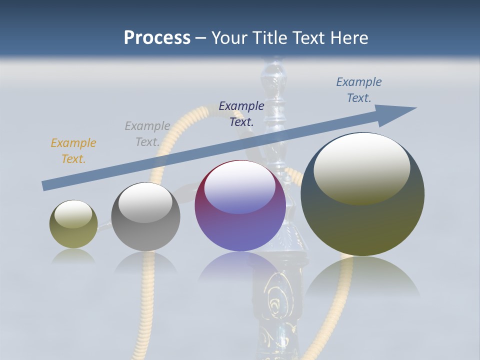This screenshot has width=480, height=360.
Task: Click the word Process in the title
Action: [157, 38]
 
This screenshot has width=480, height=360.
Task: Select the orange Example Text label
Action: [73, 151]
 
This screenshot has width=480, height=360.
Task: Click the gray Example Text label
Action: [147, 134]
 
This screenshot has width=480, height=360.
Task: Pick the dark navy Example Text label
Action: [241, 113]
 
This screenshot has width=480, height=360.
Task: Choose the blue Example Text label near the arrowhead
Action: [359, 90]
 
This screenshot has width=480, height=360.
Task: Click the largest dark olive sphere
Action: [362, 225]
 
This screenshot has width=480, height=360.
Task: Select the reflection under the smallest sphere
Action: [73, 256]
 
